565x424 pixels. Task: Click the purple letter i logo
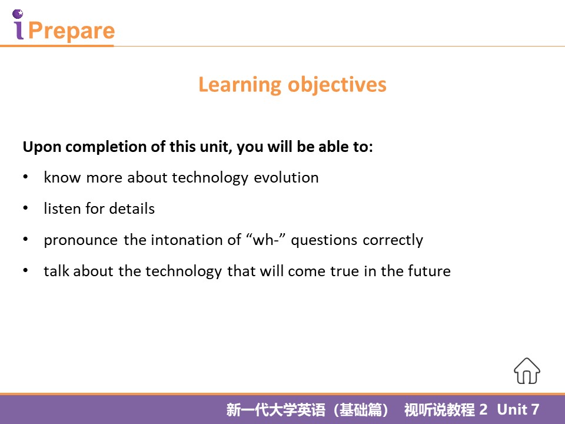tap(18, 24)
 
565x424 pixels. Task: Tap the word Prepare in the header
tap(71, 31)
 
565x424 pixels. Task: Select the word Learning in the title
tap(240, 85)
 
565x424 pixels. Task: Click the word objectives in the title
tap(337, 85)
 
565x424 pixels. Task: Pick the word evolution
tap(286, 177)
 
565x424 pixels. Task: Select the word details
tap(132, 208)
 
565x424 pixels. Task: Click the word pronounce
tap(81, 240)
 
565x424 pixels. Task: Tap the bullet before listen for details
tap(25, 208)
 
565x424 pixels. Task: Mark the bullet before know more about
tap(25, 177)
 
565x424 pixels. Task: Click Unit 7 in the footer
tap(518, 410)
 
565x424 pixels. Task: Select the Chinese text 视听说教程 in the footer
tap(439, 410)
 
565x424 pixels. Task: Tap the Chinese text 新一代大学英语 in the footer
tap(275, 410)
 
